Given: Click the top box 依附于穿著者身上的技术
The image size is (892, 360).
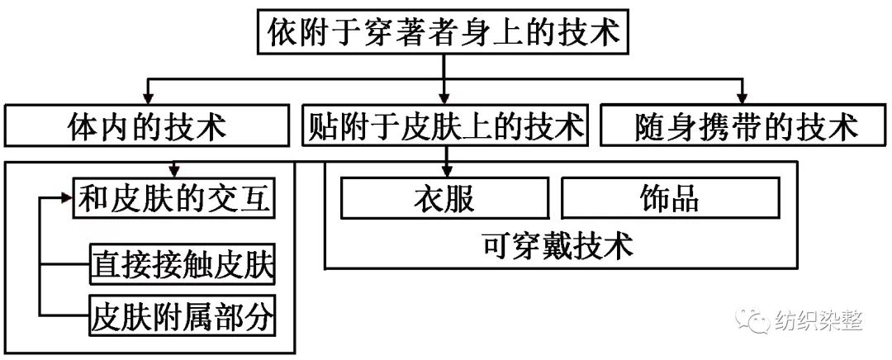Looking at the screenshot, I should [x=444, y=34].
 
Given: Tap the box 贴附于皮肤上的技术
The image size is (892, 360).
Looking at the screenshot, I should [x=444, y=126].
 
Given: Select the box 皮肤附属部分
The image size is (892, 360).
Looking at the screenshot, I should [x=182, y=315].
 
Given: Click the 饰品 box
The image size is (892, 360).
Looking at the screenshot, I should [x=670, y=199].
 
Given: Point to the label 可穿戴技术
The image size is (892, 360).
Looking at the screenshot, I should [x=562, y=245].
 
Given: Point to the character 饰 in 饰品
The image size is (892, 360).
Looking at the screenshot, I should [x=653, y=199].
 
